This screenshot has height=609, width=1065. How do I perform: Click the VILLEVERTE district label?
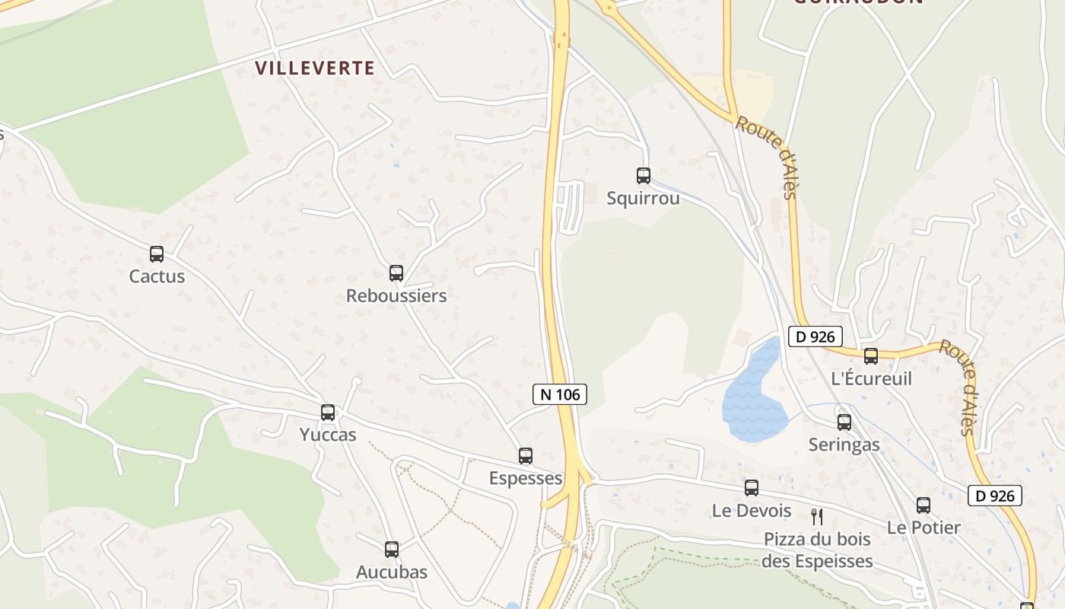pyautogui.click(x=315, y=69)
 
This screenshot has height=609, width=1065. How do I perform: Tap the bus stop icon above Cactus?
pyautogui.click(x=157, y=254)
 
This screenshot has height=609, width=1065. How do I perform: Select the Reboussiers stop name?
pyautogui.click(x=396, y=295)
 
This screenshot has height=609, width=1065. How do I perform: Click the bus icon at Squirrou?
pyautogui.click(x=644, y=176)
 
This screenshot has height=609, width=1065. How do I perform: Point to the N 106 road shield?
pyautogui.click(x=560, y=394)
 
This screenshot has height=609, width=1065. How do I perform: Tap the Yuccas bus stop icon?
pyautogui.click(x=328, y=413)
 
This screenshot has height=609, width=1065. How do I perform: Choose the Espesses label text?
pyautogui.click(x=526, y=478)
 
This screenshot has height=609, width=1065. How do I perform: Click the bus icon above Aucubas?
pyautogui.click(x=392, y=549)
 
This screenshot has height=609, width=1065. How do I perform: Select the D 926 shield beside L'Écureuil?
pyautogui.click(x=815, y=336)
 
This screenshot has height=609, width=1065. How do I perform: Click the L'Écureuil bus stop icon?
pyautogui.click(x=871, y=356)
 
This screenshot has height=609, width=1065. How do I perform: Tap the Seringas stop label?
pyautogui.click(x=844, y=445)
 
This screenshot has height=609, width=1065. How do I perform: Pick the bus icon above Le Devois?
pyautogui.click(x=752, y=488)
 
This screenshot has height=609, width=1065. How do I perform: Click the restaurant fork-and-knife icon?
pyautogui.click(x=817, y=517)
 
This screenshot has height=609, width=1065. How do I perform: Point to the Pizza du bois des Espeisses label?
pyautogui.click(x=818, y=550)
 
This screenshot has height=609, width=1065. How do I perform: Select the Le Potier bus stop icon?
pyautogui.click(x=924, y=505)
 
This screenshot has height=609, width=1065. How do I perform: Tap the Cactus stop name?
pyautogui.click(x=157, y=276)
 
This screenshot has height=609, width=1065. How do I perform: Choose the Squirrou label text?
pyautogui.click(x=644, y=199)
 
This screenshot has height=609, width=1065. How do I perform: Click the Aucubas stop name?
pyautogui.click(x=392, y=572)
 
